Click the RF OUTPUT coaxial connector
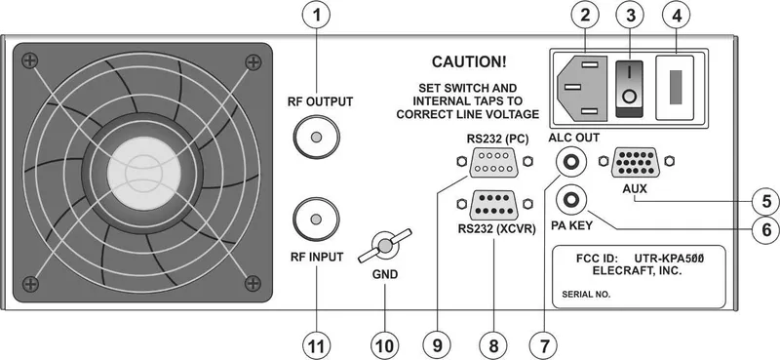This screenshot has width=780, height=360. coord(316,139)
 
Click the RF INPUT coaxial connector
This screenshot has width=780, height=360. coord(316,214)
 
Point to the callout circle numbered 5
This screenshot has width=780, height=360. coord(765,201)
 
